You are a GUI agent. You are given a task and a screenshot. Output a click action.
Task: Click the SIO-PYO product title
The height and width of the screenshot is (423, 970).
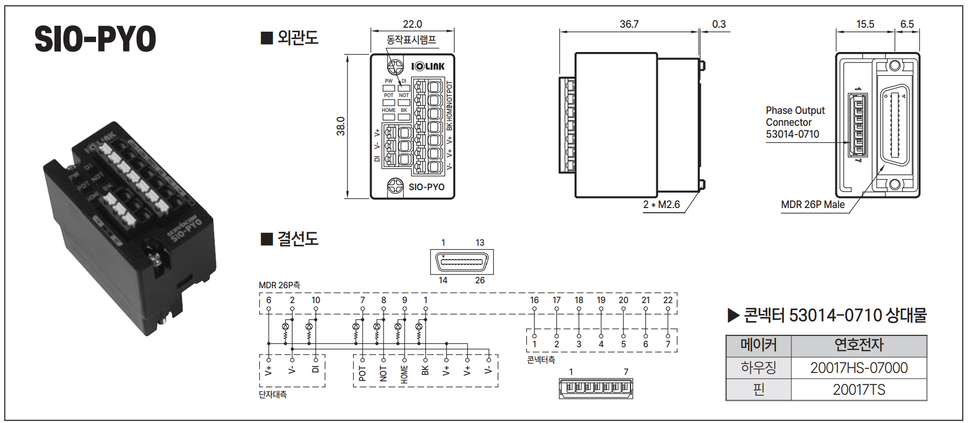(95, 39)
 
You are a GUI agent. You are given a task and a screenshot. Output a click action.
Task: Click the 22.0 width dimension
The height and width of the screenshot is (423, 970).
(412, 24)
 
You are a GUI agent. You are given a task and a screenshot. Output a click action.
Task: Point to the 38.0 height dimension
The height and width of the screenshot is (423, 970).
(340, 126)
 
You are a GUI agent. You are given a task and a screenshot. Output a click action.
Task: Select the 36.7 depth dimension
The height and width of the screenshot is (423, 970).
(629, 24)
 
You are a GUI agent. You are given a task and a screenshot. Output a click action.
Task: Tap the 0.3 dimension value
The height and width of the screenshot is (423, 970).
(719, 24)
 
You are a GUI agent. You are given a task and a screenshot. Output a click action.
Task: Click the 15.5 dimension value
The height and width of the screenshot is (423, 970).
(865, 24)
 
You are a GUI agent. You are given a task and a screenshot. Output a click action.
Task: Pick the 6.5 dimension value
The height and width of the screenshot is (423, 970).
(907, 24)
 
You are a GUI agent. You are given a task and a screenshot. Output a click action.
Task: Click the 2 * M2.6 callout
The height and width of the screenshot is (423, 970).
(661, 205)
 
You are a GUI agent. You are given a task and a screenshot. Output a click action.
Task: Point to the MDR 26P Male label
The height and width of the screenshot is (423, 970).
(813, 205)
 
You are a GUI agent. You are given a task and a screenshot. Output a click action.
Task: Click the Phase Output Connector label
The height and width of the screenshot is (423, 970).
(795, 122)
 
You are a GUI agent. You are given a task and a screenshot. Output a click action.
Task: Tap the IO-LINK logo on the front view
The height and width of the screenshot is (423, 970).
(428, 66)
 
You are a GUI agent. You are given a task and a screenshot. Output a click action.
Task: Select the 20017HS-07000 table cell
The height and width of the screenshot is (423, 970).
(859, 368)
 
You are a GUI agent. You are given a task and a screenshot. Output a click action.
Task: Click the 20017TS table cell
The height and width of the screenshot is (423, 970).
(859, 390)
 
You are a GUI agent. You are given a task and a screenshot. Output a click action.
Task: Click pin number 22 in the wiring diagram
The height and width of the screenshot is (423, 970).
(668, 300)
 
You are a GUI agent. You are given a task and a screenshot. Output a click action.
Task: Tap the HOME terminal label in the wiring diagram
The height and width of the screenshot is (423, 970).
(404, 374)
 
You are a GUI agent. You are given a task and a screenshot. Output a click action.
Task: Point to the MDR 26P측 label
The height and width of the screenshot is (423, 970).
(279, 285)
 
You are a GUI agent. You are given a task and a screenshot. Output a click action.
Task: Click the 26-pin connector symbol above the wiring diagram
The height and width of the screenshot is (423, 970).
(462, 262)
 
